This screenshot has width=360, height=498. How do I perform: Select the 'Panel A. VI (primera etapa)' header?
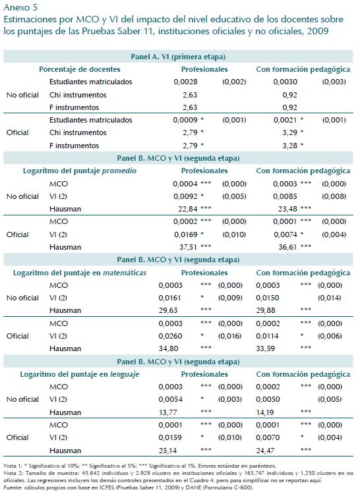pyautogui.click(x=178, y=57)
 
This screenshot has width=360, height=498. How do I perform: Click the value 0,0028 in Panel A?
pyautogui.click(x=185, y=82)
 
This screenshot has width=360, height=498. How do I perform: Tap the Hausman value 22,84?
pyautogui.click(x=188, y=209)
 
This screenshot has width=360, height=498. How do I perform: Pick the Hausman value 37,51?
pyautogui.click(x=189, y=247)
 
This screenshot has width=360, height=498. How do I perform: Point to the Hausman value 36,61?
pyautogui.click(x=288, y=247)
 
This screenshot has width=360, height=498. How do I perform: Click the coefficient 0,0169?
pyautogui.click(x=186, y=235)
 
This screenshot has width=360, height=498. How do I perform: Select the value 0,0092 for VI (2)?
pyautogui.click(x=185, y=196)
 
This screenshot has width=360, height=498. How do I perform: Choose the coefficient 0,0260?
pyautogui.click(x=171, y=336)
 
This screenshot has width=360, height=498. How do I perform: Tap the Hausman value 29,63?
pyautogui.click(x=168, y=310)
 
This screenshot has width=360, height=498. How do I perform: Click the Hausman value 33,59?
pyautogui.click(x=265, y=348)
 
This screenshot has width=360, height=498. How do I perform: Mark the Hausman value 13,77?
pyautogui.click(x=168, y=412)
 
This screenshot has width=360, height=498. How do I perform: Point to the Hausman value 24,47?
pyautogui.click(x=265, y=451)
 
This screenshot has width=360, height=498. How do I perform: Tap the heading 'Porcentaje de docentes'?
pyautogui.click(x=80, y=69)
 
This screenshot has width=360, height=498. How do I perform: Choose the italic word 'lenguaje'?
pyautogui.click(x=125, y=374)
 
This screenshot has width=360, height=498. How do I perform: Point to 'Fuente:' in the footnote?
pyautogui.click(x=13, y=487)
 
